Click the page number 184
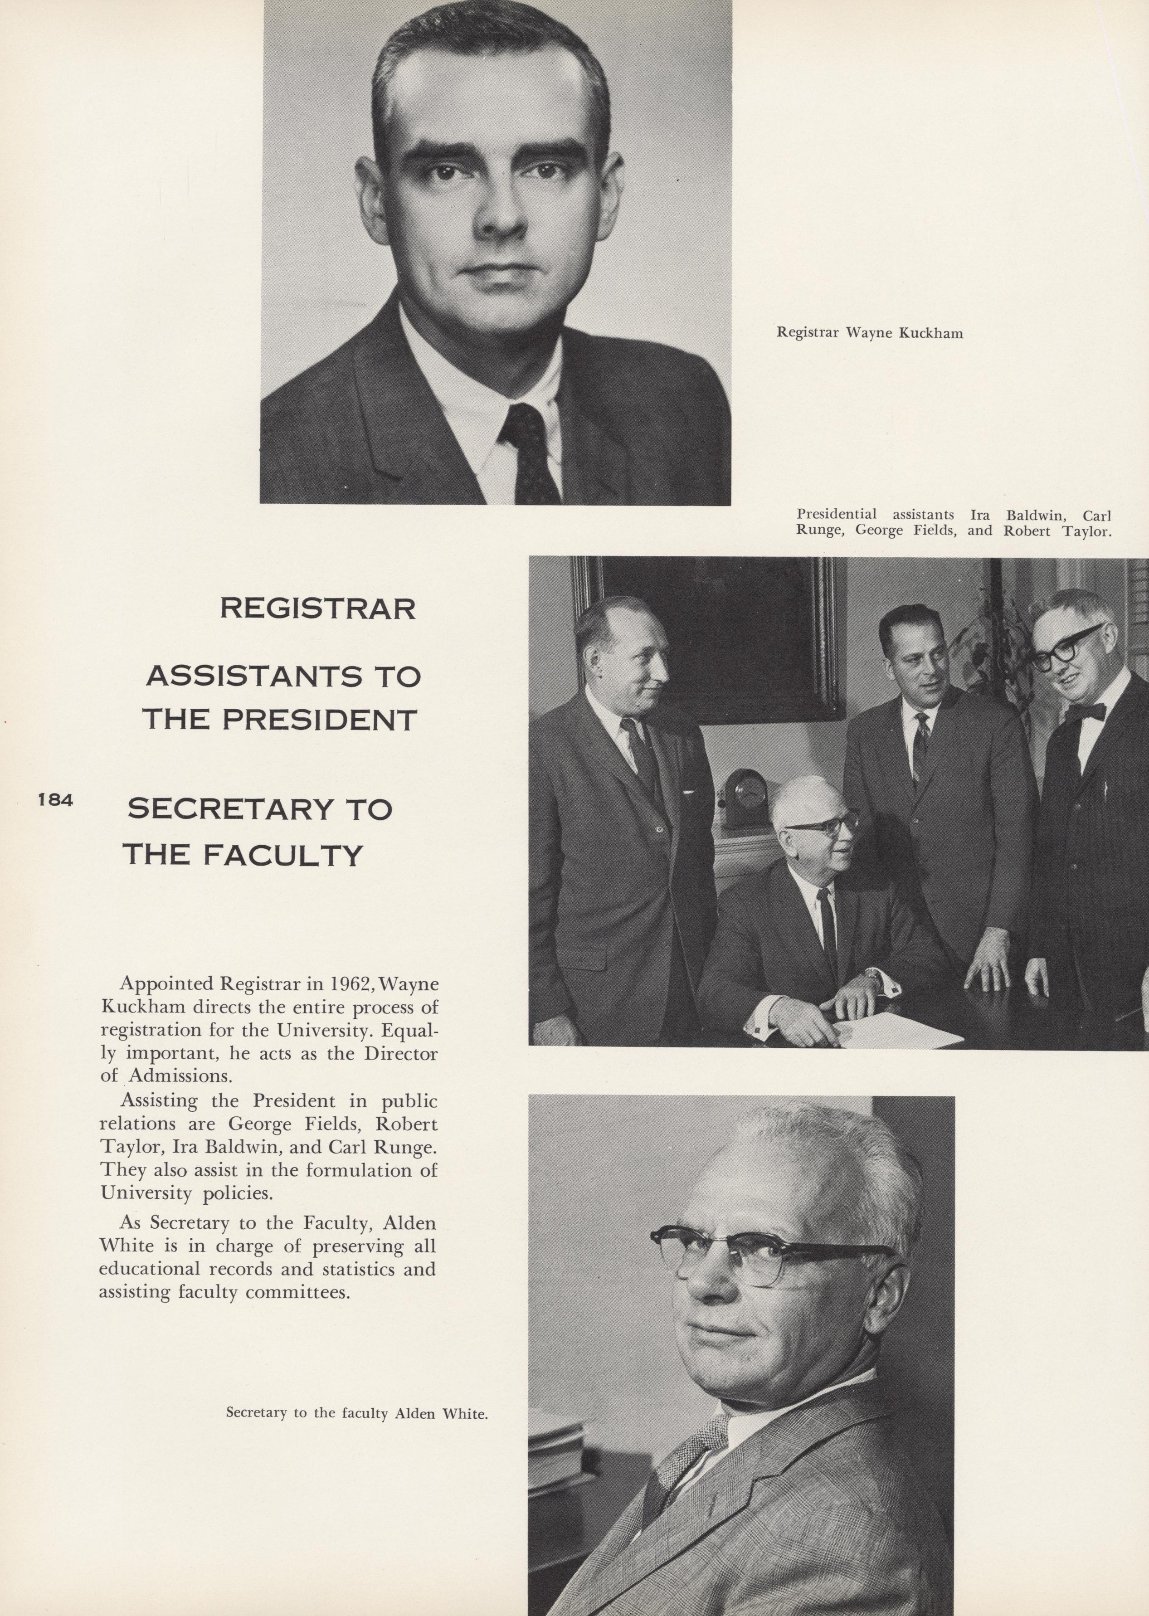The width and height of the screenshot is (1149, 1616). (x=55, y=800)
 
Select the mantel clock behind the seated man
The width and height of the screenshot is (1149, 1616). (x=741, y=798)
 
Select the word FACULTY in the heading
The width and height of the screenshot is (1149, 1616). (x=283, y=856)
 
